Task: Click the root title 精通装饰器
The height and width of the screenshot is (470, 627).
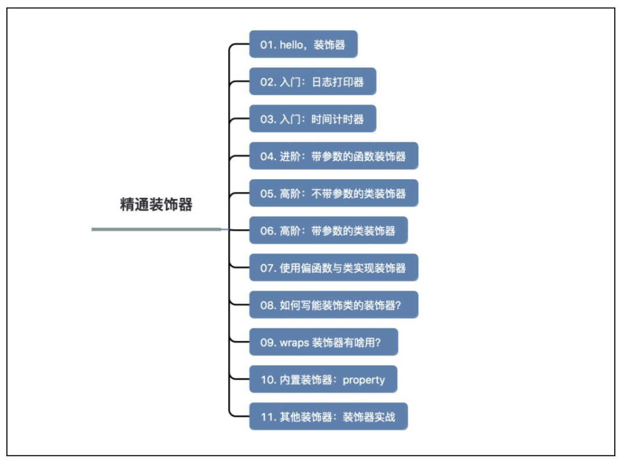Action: (156, 205)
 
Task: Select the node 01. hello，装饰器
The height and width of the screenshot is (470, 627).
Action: (303, 45)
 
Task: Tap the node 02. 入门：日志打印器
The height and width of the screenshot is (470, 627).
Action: (312, 82)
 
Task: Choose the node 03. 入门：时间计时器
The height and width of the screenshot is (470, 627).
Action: (312, 119)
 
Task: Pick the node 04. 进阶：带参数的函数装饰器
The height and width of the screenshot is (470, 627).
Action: (333, 156)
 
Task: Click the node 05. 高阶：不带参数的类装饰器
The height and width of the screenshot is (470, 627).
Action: (333, 193)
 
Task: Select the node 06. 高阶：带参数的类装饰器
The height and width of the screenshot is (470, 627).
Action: (328, 230)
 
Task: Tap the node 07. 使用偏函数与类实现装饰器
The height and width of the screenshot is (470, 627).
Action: (333, 267)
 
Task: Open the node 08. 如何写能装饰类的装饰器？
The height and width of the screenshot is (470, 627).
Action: (333, 305)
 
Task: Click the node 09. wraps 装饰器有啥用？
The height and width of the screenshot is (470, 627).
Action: (323, 342)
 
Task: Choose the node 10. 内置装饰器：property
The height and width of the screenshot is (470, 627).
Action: (323, 379)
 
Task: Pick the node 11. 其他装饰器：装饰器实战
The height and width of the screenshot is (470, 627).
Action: (328, 417)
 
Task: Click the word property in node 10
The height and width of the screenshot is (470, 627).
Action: (364, 380)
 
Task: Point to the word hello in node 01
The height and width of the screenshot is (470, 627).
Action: (292, 45)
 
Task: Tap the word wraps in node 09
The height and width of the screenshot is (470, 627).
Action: (294, 343)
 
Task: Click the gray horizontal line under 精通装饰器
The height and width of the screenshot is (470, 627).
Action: (156, 229)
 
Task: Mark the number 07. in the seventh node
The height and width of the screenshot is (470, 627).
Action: (268, 268)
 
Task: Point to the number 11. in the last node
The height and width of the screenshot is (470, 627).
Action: (268, 417)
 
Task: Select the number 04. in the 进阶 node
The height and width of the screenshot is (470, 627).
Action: (268, 157)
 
